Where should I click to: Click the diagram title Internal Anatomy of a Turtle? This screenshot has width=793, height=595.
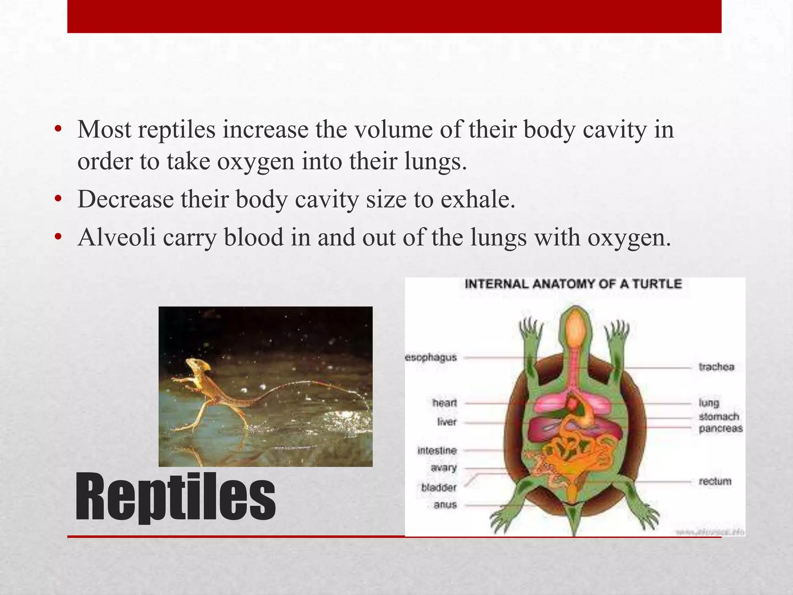click(573, 284)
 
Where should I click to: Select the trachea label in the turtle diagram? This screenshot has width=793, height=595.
click(716, 366)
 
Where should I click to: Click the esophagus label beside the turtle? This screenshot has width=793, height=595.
click(431, 357)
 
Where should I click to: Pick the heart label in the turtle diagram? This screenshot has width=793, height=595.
click(445, 403)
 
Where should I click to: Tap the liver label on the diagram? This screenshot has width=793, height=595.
click(447, 421)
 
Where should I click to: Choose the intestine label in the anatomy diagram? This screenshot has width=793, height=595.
click(437, 451)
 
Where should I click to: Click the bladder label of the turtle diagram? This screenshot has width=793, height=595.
click(439, 487)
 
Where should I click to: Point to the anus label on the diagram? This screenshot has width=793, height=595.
click(445, 505)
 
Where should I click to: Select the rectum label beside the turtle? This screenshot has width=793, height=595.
click(715, 482)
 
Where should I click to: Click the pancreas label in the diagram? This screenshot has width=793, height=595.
click(721, 428)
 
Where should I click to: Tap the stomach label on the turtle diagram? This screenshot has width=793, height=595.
click(719, 416)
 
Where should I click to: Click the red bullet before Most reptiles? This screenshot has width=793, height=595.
click(58, 130)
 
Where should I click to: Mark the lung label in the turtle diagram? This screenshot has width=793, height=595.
click(709, 403)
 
